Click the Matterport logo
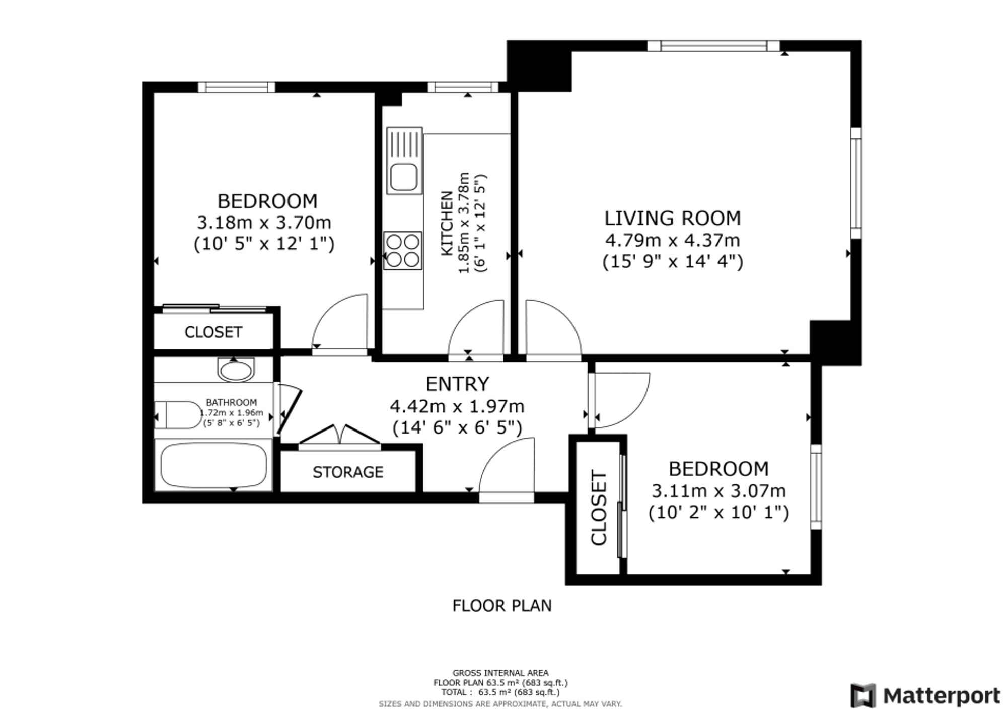pos(925,696)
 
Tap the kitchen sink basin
pos(404,177)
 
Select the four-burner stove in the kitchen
pos(402,250)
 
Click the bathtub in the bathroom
pos(213,465)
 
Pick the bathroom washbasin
pos(236,370)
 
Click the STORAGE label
pos(348,472)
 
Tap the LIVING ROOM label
pos(673,218)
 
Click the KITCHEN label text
pos(447,224)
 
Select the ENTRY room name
pos(457,384)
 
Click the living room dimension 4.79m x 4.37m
pos(673,240)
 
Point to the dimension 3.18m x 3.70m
pos(264,222)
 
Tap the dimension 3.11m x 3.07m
pos(719,490)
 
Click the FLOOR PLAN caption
pos(502,605)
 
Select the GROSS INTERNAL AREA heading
pos(500,673)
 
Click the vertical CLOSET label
pos(599,508)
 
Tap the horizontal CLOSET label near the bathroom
pos(213,332)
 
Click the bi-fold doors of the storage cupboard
pos(339,436)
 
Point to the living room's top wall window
pos(713,46)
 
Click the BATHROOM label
pos(232,403)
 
